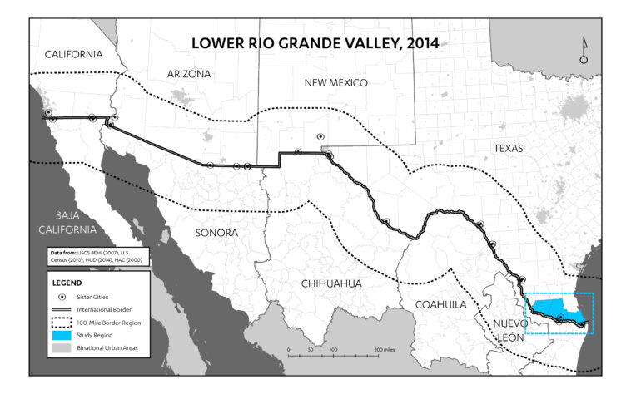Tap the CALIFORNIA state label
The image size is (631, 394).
click(74, 54)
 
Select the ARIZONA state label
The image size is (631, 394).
click(189, 74)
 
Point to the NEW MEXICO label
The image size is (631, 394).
click(335, 82)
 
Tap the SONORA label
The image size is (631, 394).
click(216, 232)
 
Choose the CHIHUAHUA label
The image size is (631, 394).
click(330, 283)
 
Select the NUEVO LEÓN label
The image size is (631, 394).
click(510, 328)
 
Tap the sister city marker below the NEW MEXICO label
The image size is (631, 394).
click(320, 137)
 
